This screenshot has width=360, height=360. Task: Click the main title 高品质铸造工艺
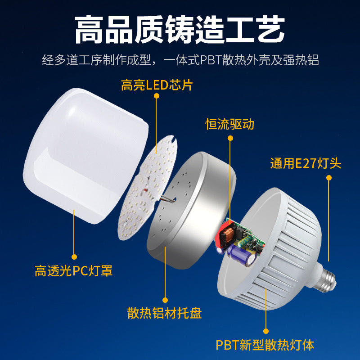point(180,30)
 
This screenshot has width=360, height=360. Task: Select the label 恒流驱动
point(230,124)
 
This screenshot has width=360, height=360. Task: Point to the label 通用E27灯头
point(306,163)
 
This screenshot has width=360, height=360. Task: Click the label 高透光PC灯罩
point(74,271)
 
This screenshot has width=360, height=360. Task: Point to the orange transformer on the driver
point(225,234)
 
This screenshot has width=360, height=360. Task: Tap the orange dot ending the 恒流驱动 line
point(230,138)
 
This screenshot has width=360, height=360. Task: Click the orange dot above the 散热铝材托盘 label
point(165,299)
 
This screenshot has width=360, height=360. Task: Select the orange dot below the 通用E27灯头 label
point(329,178)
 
